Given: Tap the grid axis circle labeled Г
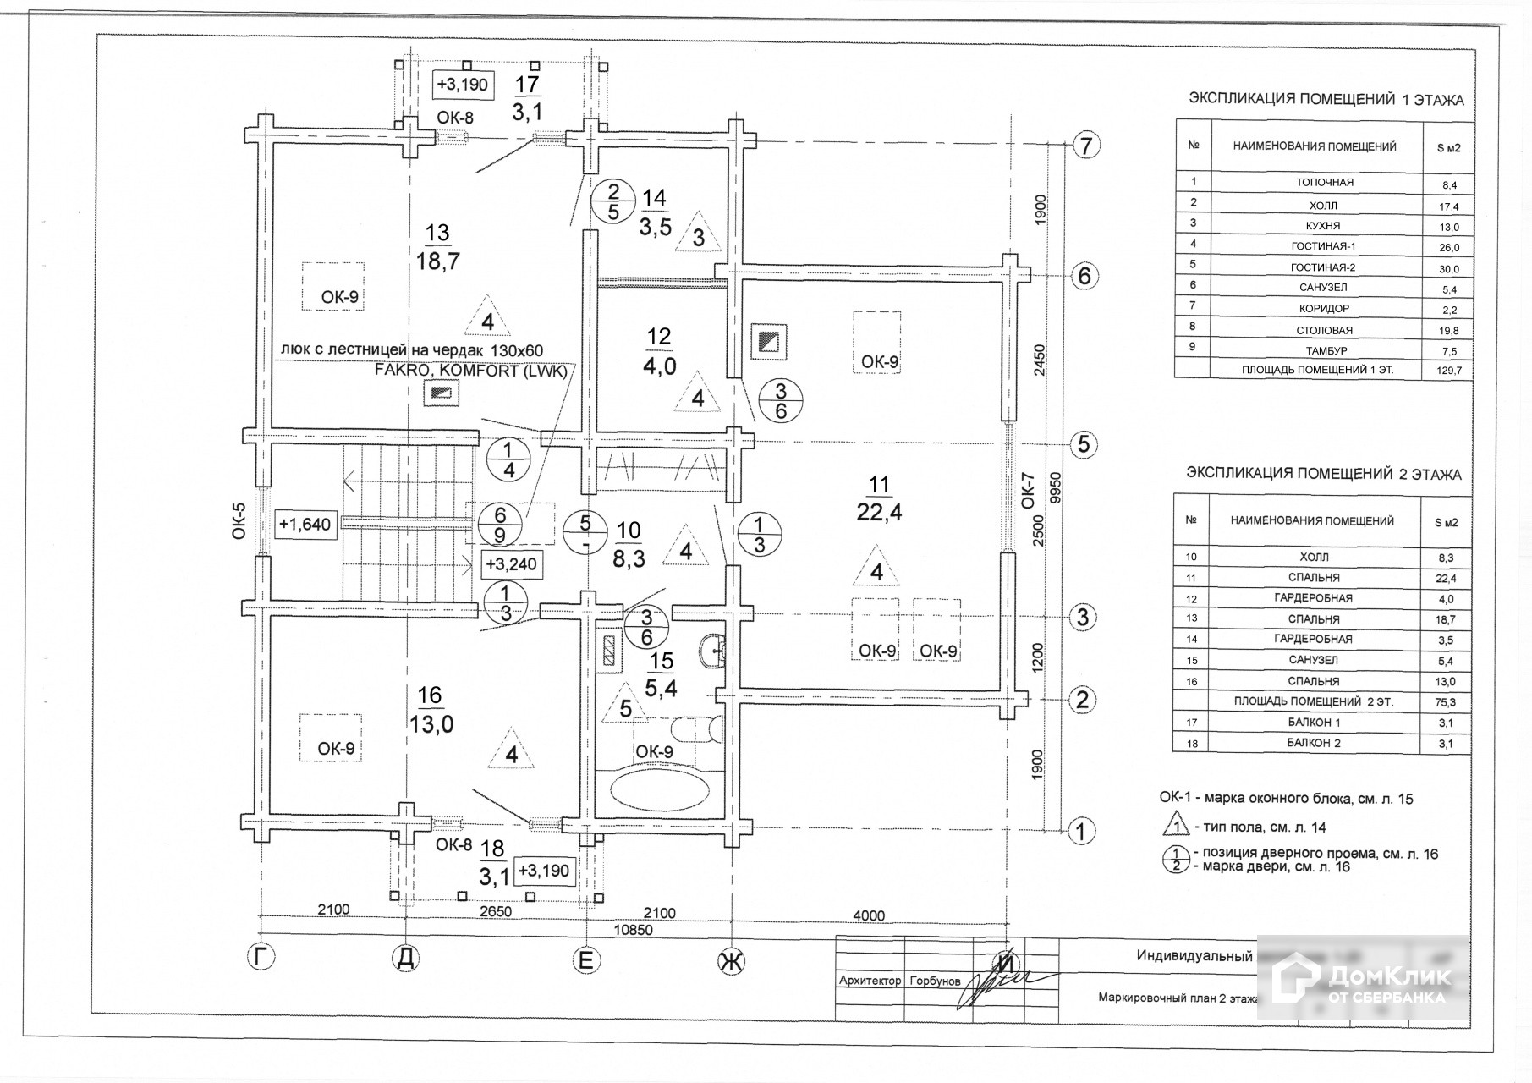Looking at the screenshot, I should [262, 958].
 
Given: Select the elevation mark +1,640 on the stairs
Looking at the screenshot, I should [305, 525].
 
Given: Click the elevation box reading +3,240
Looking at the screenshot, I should [510, 563].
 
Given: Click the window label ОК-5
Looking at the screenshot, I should [239, 520].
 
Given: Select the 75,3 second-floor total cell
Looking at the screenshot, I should [1447, 702].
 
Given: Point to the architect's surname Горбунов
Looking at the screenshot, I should [935, 981].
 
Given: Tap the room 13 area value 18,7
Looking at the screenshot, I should [437, 261].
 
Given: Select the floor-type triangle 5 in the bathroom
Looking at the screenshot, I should [625, 707].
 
